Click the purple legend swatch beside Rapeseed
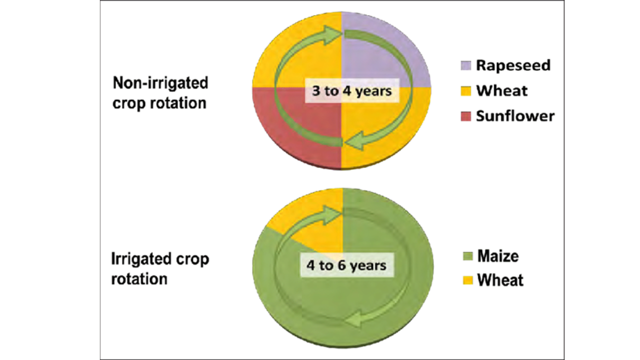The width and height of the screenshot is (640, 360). [x=465, y=65]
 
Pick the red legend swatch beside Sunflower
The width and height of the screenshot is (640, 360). [x=465, y=116]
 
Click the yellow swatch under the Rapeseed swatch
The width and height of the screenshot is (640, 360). [x=465, y=91]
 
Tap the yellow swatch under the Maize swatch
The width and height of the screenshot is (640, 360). [x=466, y=280]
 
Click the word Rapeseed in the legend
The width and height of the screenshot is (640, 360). [x=513, y=65]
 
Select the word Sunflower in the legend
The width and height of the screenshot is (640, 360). [x=515, y=116]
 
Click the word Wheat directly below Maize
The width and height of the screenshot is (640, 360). [x=500, y=280]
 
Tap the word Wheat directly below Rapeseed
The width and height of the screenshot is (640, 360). [x=501, y=91]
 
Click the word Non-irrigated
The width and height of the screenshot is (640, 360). [x=160, y=82]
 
